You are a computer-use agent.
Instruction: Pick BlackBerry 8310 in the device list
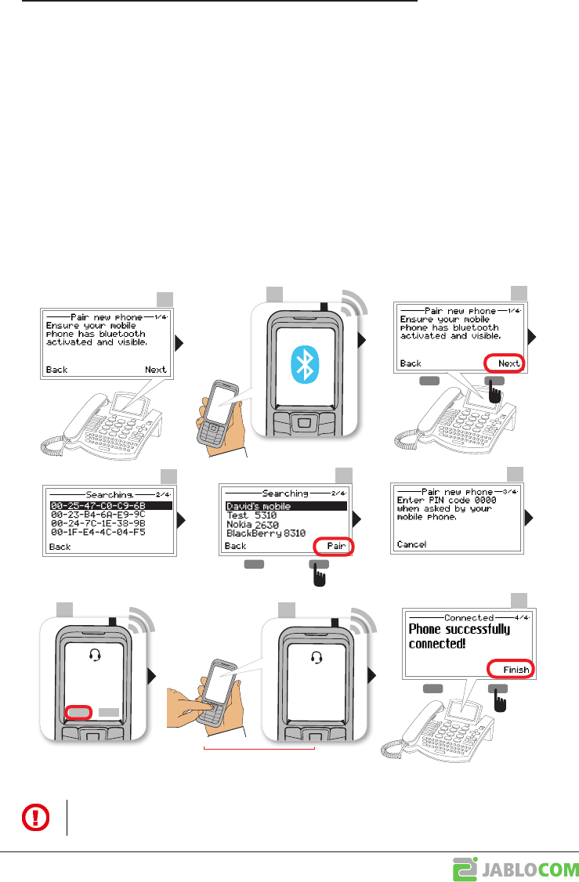click(266, 533)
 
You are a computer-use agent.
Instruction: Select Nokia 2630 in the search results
click(256, 525)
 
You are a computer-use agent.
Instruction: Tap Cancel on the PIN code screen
click(412, 544)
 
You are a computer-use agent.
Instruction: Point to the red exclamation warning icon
click(34, 818)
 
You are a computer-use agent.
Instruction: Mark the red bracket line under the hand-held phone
click(259, 749)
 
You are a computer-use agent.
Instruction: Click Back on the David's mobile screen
click(235, 546)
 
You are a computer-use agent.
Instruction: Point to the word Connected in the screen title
click(469, 617)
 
